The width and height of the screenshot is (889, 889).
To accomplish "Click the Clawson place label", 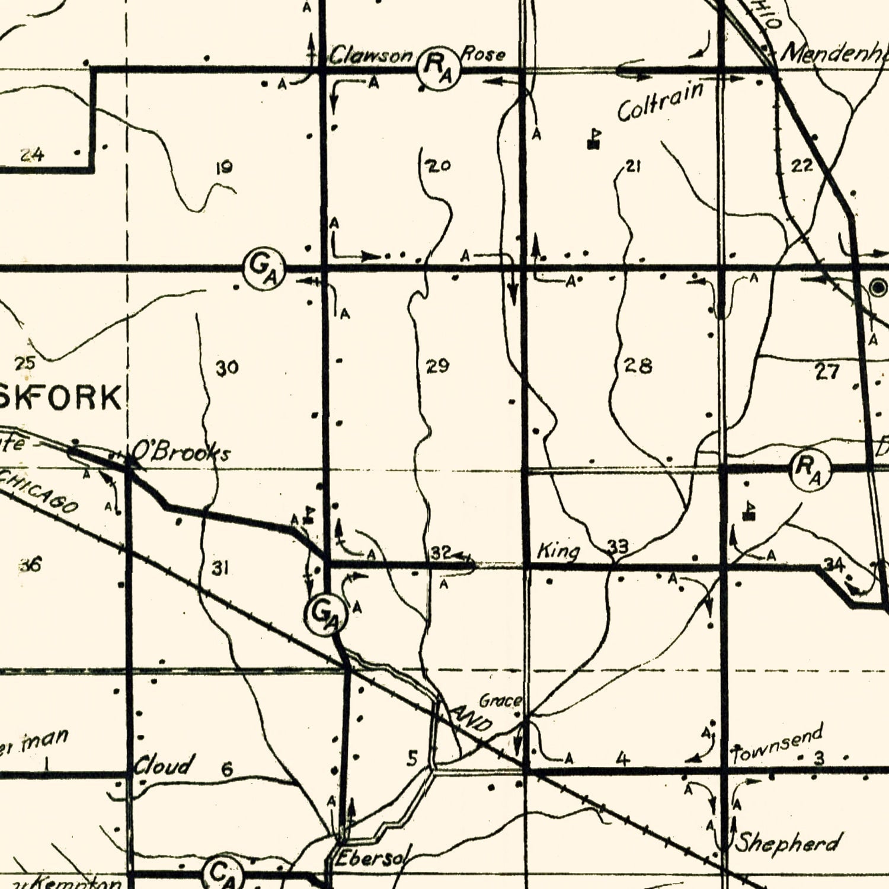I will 370,56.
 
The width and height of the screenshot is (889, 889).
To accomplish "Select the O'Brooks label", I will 180,453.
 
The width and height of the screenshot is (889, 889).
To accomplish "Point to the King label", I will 558,552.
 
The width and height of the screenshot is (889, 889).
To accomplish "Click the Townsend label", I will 778,744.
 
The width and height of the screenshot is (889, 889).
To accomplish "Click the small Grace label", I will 501,701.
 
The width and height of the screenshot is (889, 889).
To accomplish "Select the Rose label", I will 484,55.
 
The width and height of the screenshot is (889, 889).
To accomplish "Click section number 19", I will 223,168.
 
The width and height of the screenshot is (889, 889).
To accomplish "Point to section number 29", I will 438,366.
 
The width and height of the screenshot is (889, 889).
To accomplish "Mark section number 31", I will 220,569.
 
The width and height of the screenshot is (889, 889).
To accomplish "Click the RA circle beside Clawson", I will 439,68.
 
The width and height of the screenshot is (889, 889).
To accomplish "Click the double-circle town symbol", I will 878,287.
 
